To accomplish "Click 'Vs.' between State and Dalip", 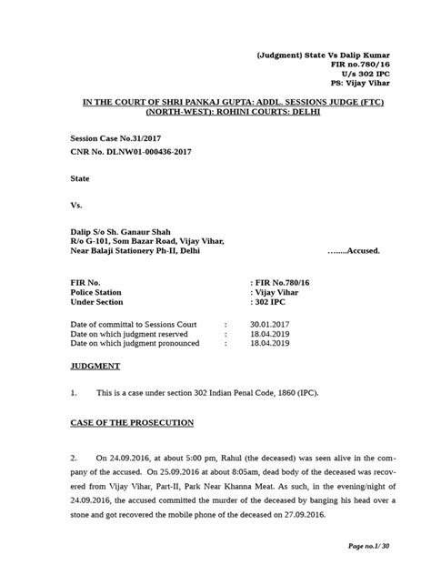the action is coord(75,206).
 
